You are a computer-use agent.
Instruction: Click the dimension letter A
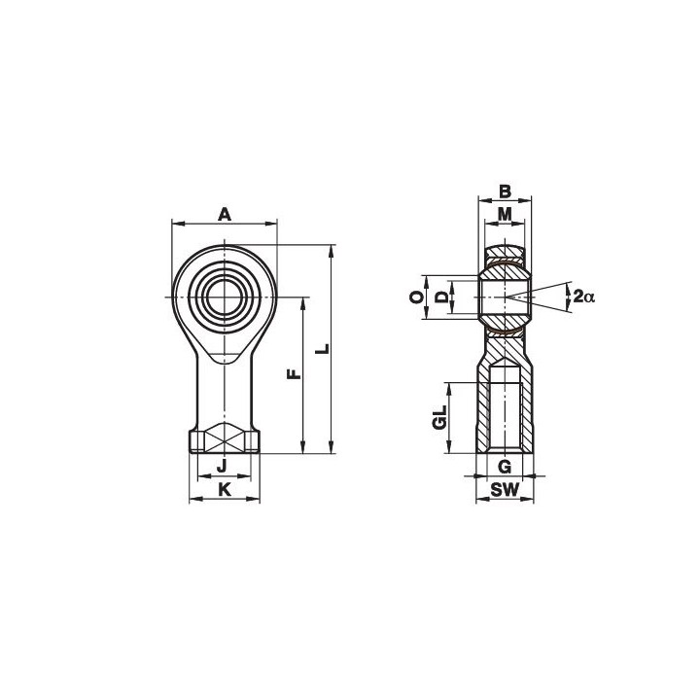[225, 215]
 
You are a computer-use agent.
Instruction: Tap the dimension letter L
[323, 349]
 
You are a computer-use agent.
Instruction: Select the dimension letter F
[294, 374]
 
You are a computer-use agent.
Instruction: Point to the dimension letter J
[222, 467]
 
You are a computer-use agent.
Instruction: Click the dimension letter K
[225, 490]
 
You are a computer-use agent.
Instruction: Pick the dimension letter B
[505, 192]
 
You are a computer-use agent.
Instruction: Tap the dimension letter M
[505, 215]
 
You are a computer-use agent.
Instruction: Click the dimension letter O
[417, 297]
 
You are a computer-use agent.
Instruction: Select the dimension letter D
[441, 297]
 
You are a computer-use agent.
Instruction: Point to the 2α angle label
[584, 296]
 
